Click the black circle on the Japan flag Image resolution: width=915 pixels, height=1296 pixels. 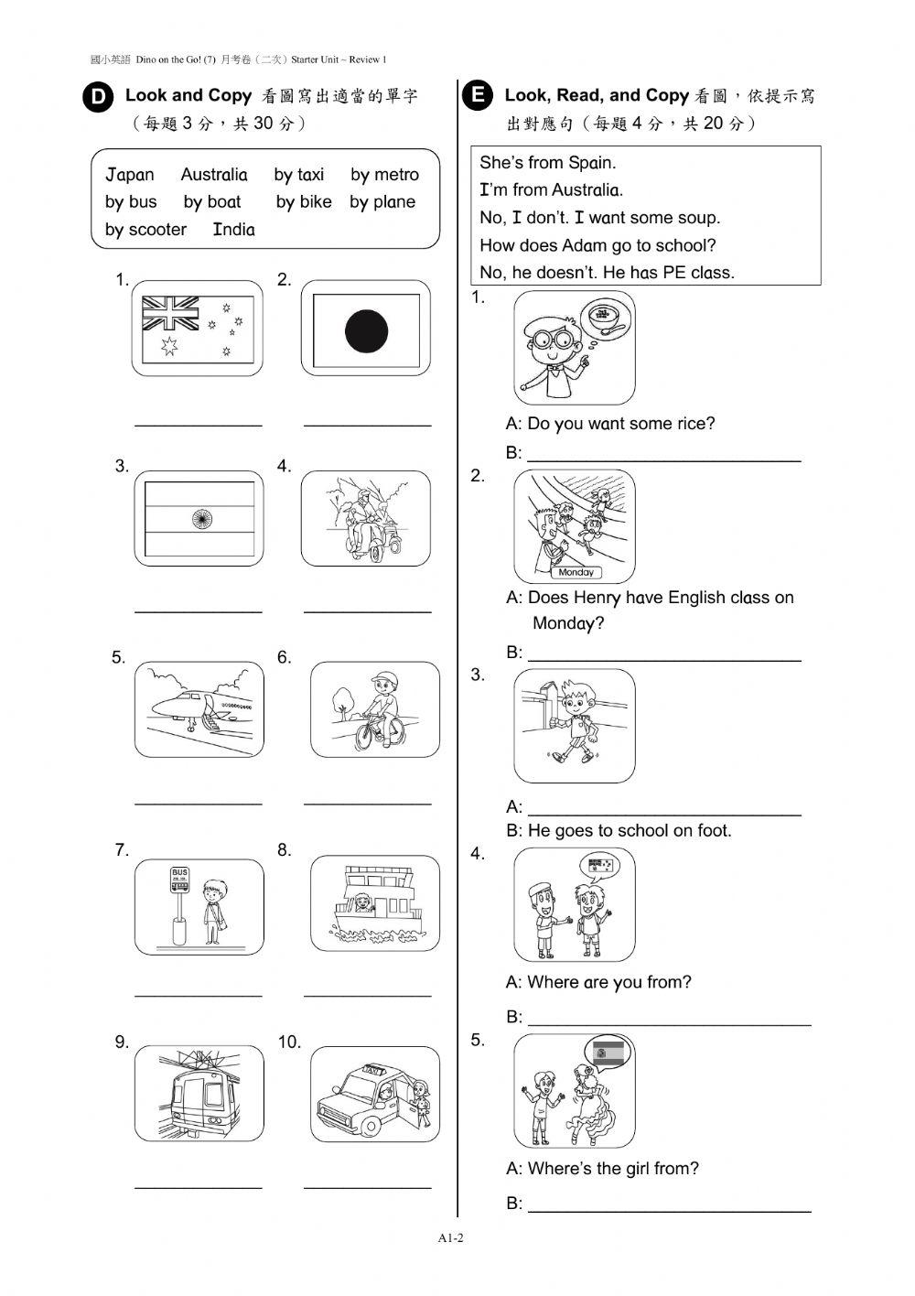tap(366, 330)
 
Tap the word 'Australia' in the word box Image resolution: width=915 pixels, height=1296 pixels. tap(213, 175)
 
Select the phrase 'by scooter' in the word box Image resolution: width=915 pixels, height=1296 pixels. tap(145, 230)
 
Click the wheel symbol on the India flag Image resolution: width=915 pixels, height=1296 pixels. tap(199, 520)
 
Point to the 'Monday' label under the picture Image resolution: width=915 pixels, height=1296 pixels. tap(576, 572)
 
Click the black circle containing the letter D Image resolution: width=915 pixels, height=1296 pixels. tap(98, 98)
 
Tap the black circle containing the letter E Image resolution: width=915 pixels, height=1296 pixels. tap(477, 95)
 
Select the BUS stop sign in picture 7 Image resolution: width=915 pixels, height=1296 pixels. tap(179, 880)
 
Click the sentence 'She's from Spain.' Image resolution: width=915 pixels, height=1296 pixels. tap(547, 163)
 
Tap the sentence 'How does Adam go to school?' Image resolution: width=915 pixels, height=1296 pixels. tap(597, 245)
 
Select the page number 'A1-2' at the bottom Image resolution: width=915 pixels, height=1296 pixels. tap(451, 1238)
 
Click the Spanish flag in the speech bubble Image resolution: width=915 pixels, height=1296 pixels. tap(608, 1053)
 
